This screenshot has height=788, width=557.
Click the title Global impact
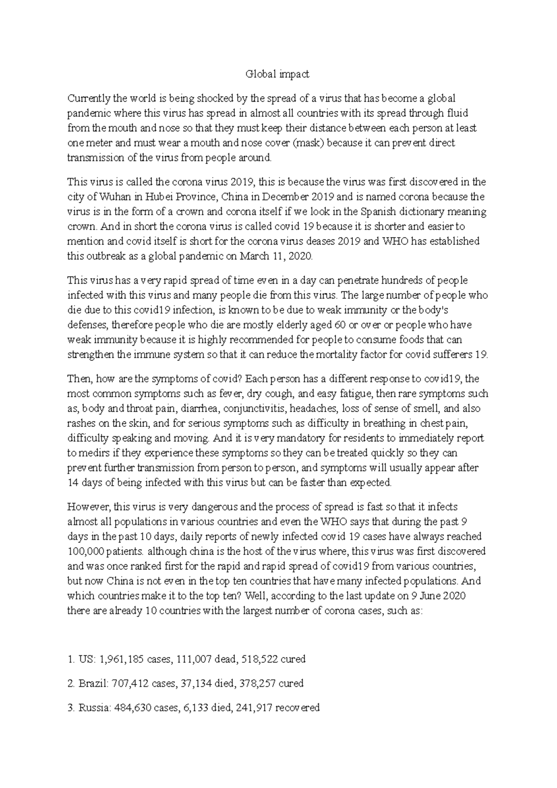pos(277,74)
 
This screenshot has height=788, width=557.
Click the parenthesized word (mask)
pos(310,143)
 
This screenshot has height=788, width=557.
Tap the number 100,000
pos(86,552)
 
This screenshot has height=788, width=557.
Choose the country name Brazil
pos(93,684)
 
